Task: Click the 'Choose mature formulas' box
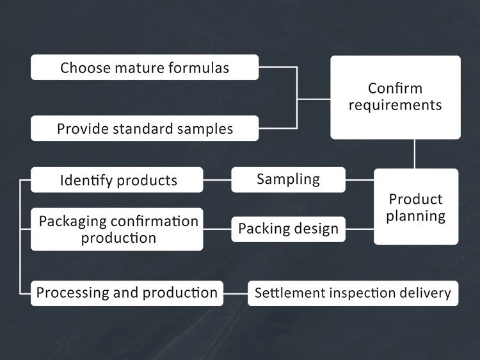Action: pyautogui.click(x=145, y=67)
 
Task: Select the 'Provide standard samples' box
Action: pyautogui.click(x=145, y=128)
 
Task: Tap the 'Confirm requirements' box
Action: pyautogui.click(x=395, y=97)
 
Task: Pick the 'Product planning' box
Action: pyautogui.click(x=416, y=207)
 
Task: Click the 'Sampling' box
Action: pyautogui.click(x=288, y=180)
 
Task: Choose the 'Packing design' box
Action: pyautogui.click(x=288, y=229)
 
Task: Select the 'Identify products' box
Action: pyautogui.click(x=118, y=180)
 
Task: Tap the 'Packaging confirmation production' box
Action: pyautogui.click(x=118, y=229)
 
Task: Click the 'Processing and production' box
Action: pyautogui.click(x=127, y=293)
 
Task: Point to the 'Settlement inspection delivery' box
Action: pyautogui.click(x=353, y=293)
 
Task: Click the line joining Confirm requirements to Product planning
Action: pyautogui.click(x=415, y=154)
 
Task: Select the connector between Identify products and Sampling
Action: pyautogui.click(x=217, y=180)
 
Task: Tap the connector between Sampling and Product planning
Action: pyautogui.click(x=359, y=180)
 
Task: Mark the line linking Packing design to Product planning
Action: pyautogui.click(x=359, y=229)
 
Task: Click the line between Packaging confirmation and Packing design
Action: pyautogui.click(x=217, y=229)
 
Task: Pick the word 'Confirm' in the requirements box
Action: pyautogui.click(x=395, y=88)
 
